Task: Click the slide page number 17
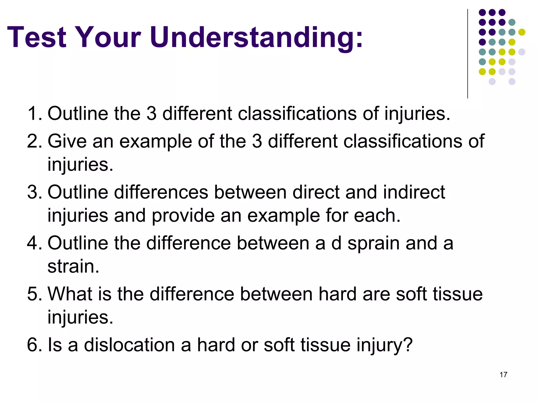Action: pyautogui.click(x=503, y=375)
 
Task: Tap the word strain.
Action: pyautogui.click(x=73, y=266)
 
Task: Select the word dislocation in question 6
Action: pyautogui.click(x=129, y=345)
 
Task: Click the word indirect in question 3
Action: pyautogui.click(x=414, y=192)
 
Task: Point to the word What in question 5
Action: pyautogui.click(x=70, y=294)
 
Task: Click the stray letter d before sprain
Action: pyautogui.click(x=336, y=243)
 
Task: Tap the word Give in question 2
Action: pyautogui.click(x=67, y=141)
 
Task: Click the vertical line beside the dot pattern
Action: pyautogui.click(x=468, y=54)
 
